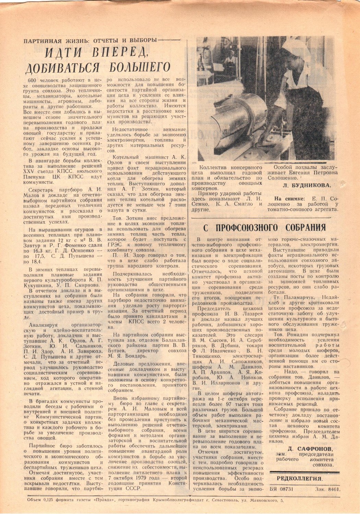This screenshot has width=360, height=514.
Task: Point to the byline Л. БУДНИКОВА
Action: click(x=306, y=185)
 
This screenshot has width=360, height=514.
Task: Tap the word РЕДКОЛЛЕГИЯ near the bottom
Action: click(x=299, y=479)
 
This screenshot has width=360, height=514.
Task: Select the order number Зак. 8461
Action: click(x=327, y=490)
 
